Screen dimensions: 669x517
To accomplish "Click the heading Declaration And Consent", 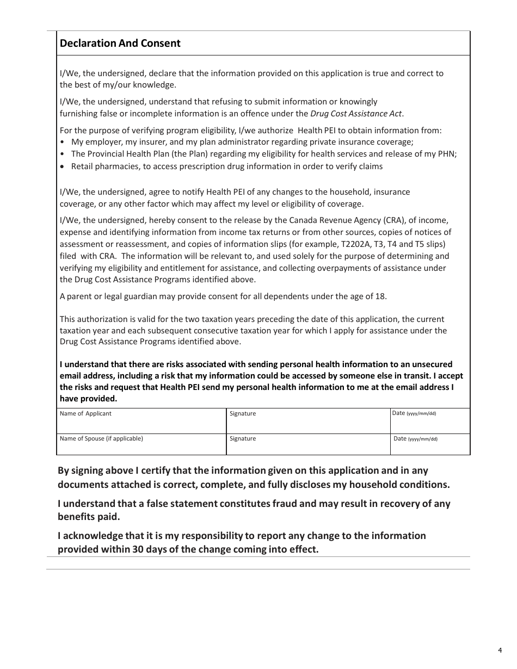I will click(120, 43).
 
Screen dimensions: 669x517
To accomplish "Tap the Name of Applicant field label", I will click(85, 413).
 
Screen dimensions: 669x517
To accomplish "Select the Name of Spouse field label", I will click(101, 438).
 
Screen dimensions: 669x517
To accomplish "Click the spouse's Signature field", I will click(308, 444).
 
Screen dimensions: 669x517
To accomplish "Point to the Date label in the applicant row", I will click(399, 413).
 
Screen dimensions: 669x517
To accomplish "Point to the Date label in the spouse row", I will click(401, 438).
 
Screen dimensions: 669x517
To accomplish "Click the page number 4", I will click(500, 650).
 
